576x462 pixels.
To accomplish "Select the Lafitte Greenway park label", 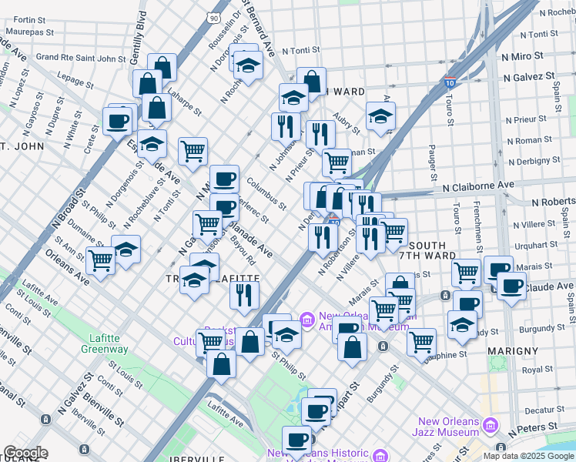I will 104,343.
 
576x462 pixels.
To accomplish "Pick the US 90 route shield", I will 213,16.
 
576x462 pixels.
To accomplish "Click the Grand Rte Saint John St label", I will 81,57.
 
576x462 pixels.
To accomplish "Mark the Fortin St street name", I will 29,19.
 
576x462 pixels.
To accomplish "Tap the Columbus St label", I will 266,194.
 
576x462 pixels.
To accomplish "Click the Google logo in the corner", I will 25,453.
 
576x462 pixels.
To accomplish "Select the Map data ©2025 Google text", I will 527,456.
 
